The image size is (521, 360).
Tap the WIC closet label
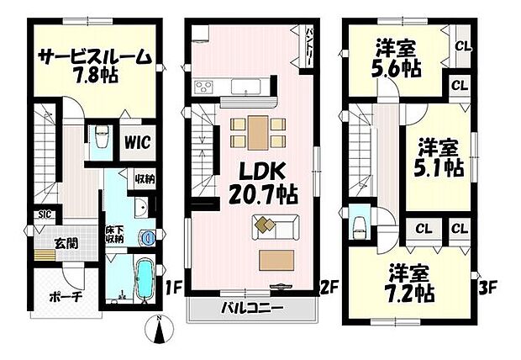point(139,142)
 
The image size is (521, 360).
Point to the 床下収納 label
point(115,234)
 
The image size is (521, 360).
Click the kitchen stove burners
point(204,86)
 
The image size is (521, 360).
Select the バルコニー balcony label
point(253,310)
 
